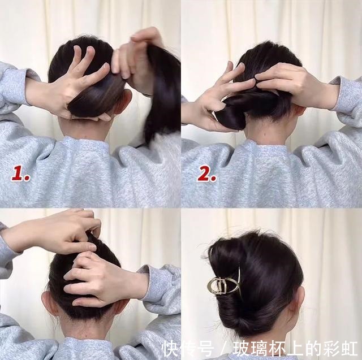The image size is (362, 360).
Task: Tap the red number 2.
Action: point(206,174)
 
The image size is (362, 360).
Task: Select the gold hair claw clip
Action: point(224,284)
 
